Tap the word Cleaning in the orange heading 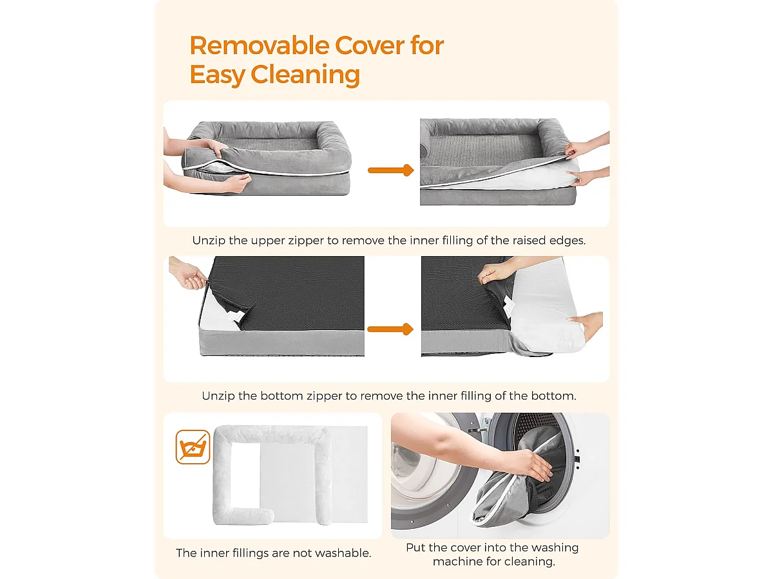[x=305, y=75]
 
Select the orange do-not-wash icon [x=193, y=447]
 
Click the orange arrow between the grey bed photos [x=390, y=170]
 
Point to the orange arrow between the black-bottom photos [x=390, y=329]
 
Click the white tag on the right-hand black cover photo [x=508, y=306]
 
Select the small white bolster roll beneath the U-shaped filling [x=243, y=516]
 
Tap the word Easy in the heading [x=217, y=75]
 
